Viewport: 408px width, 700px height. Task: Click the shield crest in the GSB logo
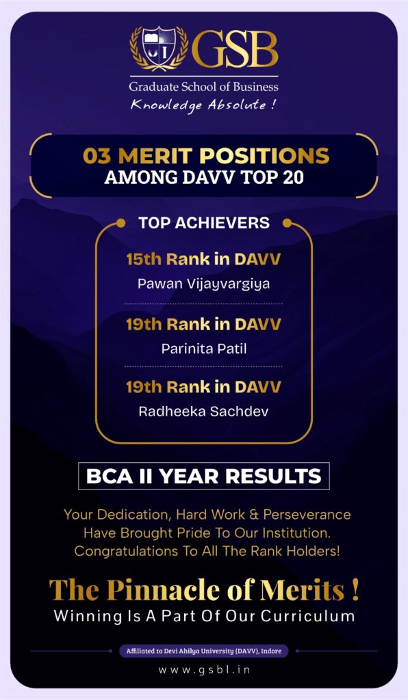159,46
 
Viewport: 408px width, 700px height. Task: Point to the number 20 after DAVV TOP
293,177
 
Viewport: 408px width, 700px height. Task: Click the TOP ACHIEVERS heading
204,223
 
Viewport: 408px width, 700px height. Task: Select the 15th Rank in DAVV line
203,259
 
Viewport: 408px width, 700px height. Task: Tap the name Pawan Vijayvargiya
204,284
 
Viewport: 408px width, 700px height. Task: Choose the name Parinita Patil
204,348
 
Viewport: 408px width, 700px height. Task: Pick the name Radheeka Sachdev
204,411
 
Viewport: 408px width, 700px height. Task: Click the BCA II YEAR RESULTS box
204,476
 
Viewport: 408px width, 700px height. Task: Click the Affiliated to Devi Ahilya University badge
204,651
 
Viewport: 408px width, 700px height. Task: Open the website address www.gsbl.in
204,670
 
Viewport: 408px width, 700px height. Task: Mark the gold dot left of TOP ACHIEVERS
120,223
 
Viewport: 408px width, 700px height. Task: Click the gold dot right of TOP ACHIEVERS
287,223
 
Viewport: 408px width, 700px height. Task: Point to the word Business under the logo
255,87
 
